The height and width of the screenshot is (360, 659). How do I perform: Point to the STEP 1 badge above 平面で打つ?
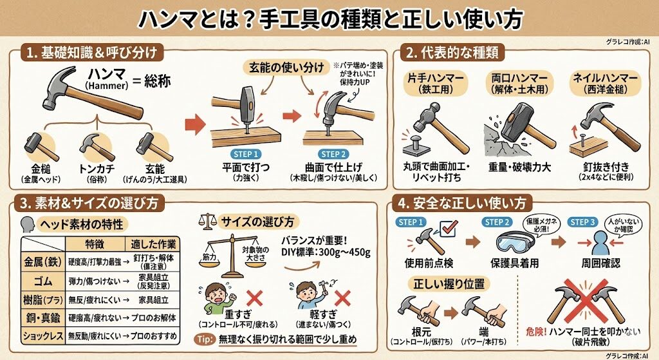(245, 154)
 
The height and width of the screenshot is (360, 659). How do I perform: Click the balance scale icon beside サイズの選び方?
(207, 220)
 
